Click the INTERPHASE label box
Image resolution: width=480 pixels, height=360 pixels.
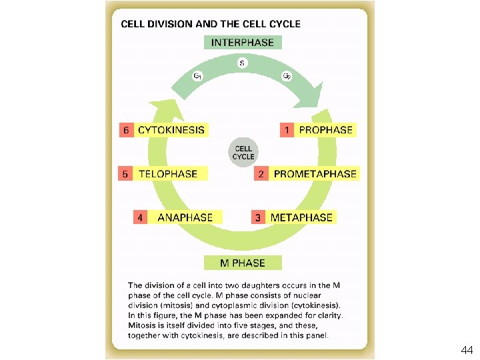pos(243,42)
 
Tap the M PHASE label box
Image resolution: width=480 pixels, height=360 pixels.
pos(243,263)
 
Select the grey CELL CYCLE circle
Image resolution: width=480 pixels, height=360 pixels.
pos(243,152)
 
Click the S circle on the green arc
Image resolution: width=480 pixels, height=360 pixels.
pos(243,64)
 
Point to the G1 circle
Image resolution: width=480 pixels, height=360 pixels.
pos(198,75)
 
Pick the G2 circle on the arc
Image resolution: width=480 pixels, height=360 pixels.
pos(287,75)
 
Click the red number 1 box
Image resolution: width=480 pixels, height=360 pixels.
pos(287,129)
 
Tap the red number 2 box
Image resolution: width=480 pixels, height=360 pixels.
pos(261,174)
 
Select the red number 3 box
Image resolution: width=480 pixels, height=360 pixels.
pos(258,217)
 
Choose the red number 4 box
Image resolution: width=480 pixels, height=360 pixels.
pos(140,217)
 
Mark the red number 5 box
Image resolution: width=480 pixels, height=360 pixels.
pos(125,174)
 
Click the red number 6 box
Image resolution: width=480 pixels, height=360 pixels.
pos(125,129)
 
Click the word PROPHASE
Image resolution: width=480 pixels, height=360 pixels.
pos(325,129)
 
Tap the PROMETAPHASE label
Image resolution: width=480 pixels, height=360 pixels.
pos(315,174)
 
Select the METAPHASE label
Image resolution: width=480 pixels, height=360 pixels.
pos(301,217)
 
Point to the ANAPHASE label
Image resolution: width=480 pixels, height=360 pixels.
pos(185,217)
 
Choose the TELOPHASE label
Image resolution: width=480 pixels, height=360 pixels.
pos(168,174)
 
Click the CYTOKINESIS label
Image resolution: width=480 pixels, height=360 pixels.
pos(171,129)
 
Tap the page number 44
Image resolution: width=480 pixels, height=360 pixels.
pos(467,350)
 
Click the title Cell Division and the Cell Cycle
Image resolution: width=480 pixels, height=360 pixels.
pos(210,24)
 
